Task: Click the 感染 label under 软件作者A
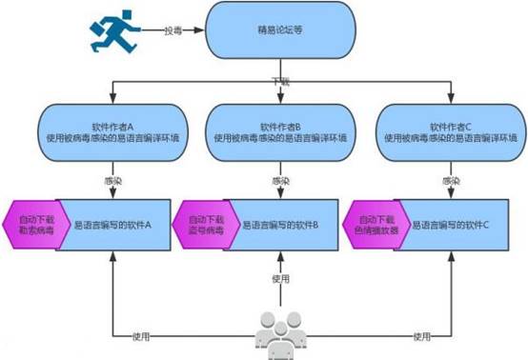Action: point(112,180)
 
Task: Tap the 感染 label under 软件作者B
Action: point(280,180)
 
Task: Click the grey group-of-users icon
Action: point(280,332)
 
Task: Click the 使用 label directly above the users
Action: point(280,278)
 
